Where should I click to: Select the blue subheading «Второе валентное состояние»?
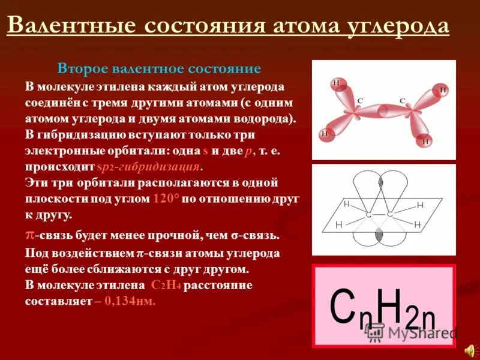[158, 68]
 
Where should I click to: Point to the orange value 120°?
[166, 199]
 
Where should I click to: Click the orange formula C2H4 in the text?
[166, 285]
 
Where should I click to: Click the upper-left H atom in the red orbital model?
[336, 83]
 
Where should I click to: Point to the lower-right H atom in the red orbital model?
[425, 142]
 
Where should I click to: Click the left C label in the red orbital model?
[360, 101]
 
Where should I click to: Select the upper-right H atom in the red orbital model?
[443, 91]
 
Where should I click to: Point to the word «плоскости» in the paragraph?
[58, 199]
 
